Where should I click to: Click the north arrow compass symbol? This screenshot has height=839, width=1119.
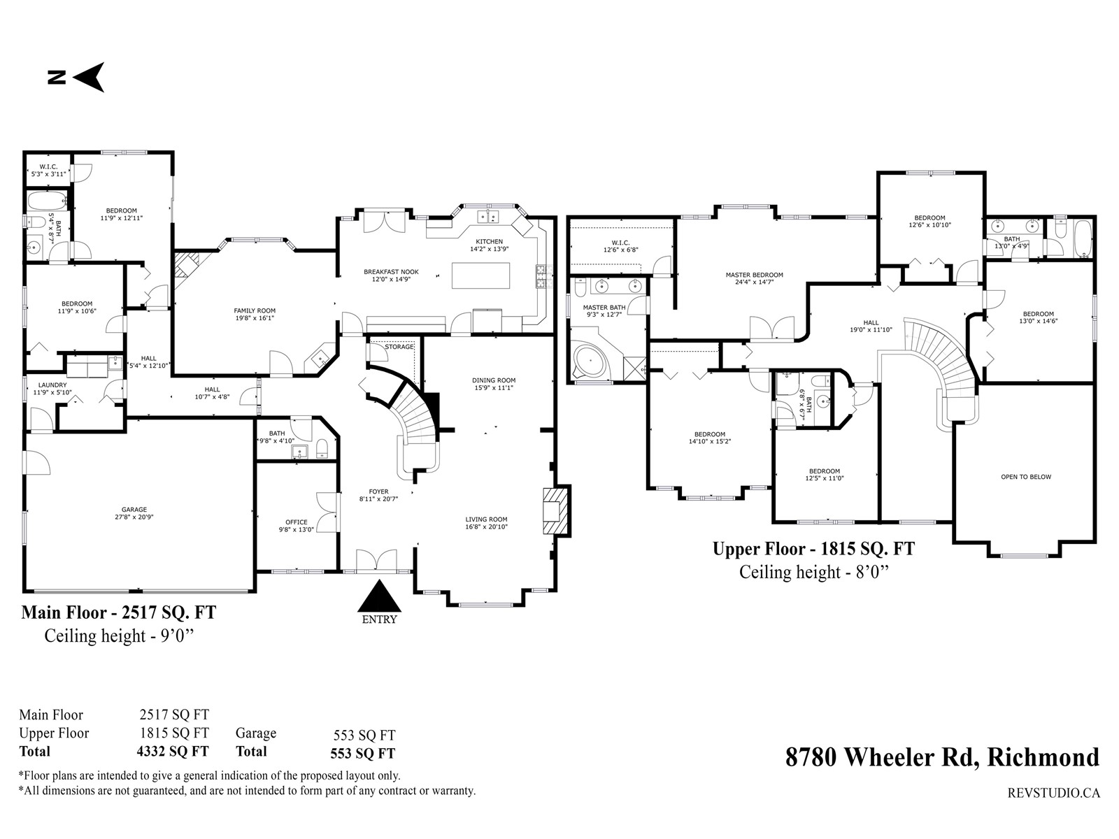(x=76, y=78)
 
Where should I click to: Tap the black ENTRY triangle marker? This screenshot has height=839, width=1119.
(x=379, y=596)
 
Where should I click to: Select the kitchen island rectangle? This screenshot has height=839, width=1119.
(x=480, y=275)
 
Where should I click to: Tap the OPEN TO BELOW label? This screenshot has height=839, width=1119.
(x=1026, y=477)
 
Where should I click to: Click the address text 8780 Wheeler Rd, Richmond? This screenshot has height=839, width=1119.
(x=942, y=757)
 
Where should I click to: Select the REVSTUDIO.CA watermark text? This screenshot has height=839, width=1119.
(x=1054, y=793)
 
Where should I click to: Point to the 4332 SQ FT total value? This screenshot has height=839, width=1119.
(x=173, y=752)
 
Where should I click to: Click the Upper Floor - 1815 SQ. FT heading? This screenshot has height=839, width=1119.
(x=813, y=549)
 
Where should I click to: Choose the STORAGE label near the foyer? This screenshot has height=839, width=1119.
(x=399, y=347)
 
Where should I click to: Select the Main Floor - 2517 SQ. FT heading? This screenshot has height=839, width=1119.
(x=119, y=612)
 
